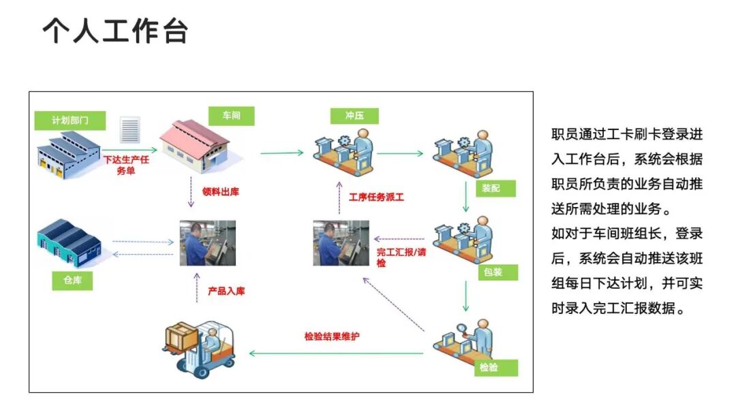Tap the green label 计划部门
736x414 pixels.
[70, 121]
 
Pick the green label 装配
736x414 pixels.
[491, 187]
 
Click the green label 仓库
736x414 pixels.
[72, 280]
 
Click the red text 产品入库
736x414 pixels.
[226, 291]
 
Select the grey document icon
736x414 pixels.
[130, 129]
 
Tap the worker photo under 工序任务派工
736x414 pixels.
[341, 242]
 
